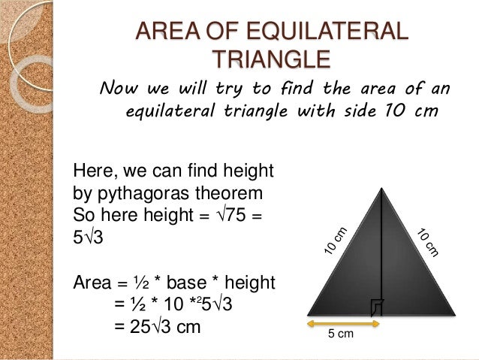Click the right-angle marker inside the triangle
point(377,306)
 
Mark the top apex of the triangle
point(382,186)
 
